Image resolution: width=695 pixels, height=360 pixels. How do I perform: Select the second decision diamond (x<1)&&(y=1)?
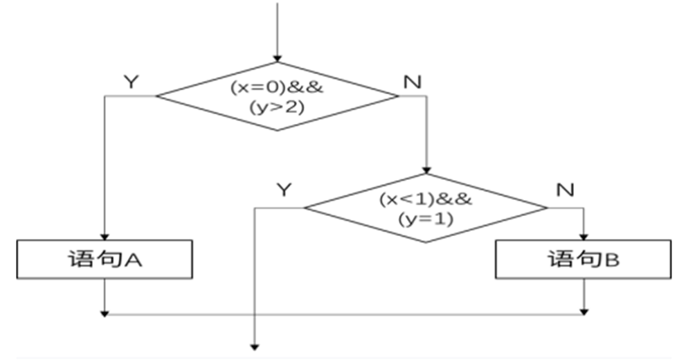pyautogui.click(x=426, y=208)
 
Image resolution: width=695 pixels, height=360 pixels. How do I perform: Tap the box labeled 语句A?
pyautogui.click(x=105, y=259)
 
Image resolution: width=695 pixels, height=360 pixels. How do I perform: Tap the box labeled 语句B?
pyautogui.click(x=583, y=260)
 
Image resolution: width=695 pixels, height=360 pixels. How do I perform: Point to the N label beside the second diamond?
pyautogui.click(x=565, y=189)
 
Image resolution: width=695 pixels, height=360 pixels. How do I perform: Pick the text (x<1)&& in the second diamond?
pyautogui.click(x=426, y=199)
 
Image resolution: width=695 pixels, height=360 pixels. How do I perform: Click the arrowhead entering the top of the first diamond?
pyautogui.click(x=278, y=57)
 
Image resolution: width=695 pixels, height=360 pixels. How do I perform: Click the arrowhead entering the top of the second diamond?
pyautogui.click(x=426, y=170)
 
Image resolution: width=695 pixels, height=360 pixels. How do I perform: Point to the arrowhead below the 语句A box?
pyautogui.click(x=105, y=312)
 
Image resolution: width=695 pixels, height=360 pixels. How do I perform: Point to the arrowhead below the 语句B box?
pyautogui.click(x=585, y=312)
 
